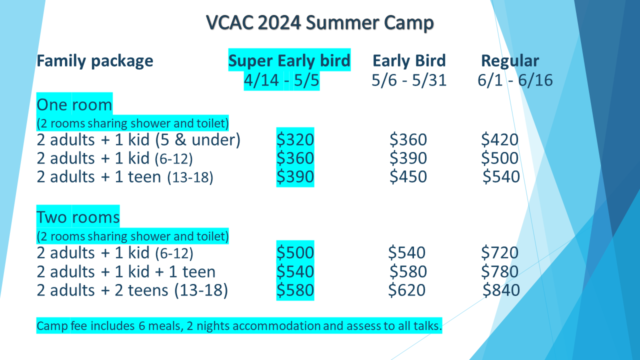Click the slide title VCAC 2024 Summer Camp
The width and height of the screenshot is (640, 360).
pos(319,22)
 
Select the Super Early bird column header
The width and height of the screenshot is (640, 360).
pos(289,61)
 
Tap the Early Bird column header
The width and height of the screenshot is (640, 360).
pos(409,60)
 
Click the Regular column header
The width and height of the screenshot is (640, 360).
pos(510,61)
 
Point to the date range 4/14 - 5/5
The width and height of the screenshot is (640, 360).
pos(281,80)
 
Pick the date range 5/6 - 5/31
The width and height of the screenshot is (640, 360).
pos(409,80)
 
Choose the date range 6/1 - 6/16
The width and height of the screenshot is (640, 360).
pos(515,80)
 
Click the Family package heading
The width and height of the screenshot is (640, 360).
pos(95,61)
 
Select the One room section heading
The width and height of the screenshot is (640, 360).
pos(74,104)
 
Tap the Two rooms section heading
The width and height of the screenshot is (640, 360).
pos(78,217)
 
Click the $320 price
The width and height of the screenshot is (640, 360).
pos(295,139)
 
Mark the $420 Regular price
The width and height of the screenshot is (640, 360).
pos(499,139)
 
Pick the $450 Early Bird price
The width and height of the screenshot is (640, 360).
pos(408,176)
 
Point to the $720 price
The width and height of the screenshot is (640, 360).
pos(499,252)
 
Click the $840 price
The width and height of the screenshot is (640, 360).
pos(501,290)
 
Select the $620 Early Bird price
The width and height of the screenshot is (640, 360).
pos(407,290)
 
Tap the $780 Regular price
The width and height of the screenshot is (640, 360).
pos(499,271)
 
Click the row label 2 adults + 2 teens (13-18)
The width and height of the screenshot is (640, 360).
pos(132,290)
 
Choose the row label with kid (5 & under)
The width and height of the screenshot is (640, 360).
pos(138,139)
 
